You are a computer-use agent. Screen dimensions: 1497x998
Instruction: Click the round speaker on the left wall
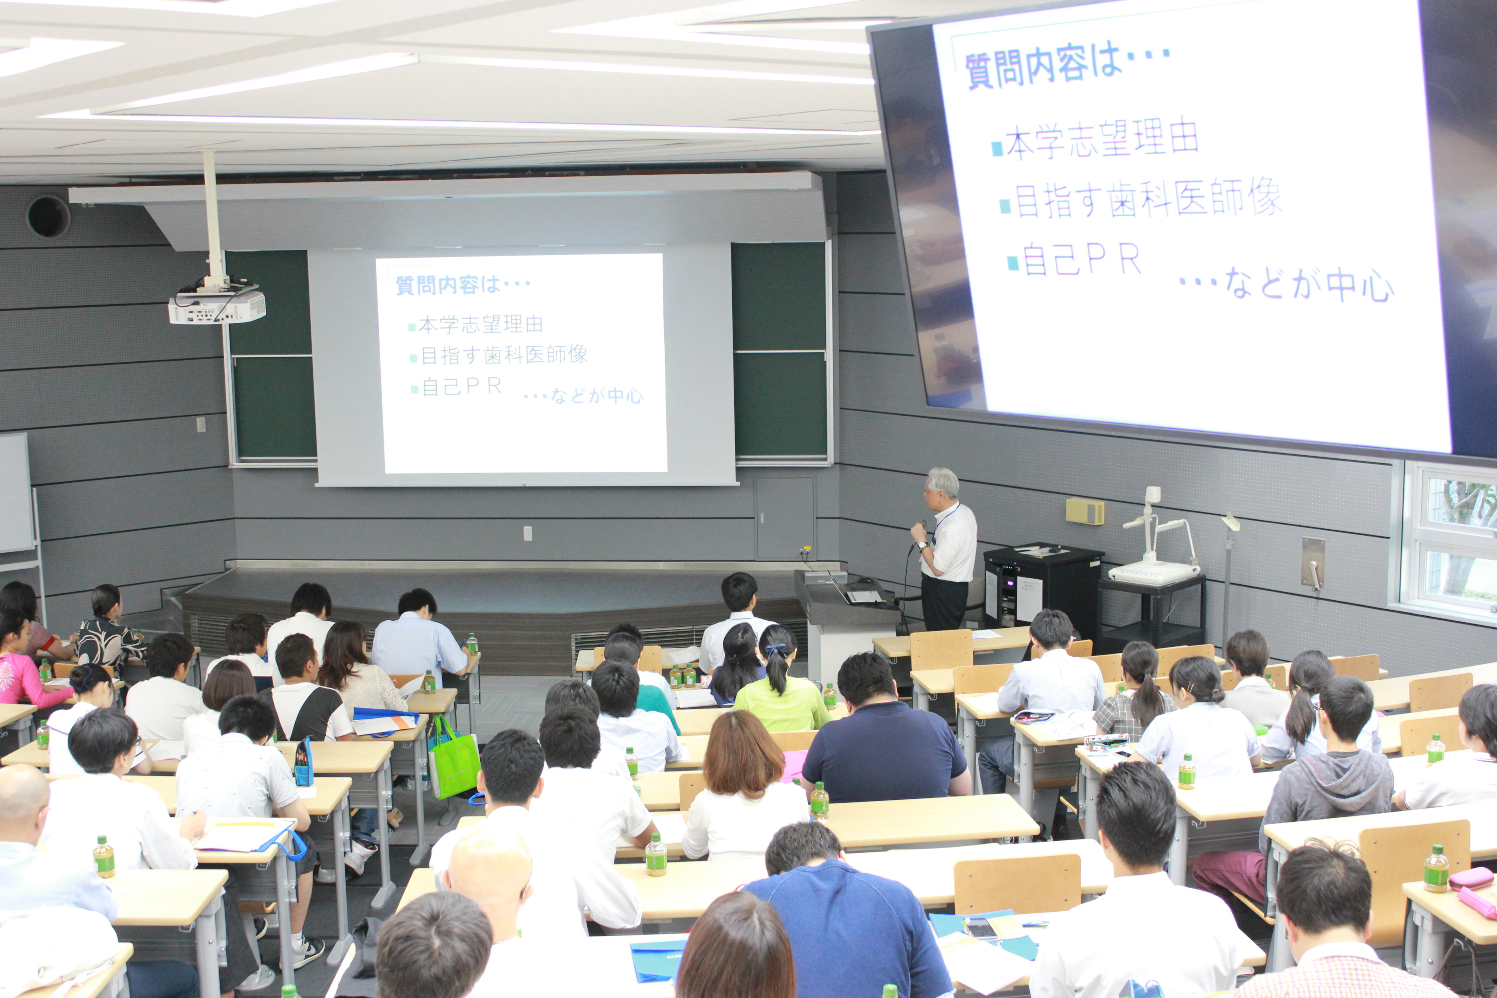pos(48,216)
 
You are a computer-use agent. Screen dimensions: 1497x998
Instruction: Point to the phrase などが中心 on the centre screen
pos(596,396)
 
